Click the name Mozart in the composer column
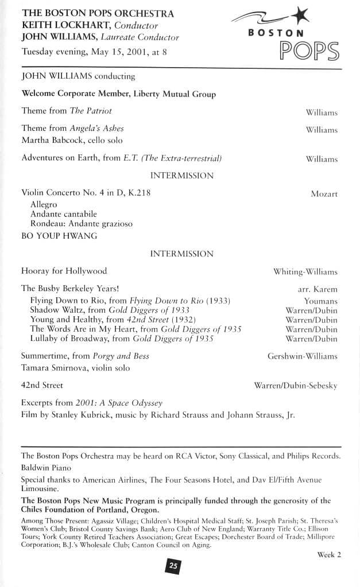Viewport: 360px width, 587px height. coord(324,194)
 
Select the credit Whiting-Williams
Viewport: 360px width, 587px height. coord(305,271)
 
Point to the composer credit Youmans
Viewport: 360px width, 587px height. coord(320,301)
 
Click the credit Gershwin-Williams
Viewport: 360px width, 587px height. coord(302,356)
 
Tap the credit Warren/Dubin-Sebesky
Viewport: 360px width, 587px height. coord(295,386)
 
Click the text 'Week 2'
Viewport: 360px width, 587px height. coord(329,554)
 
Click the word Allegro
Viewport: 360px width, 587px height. coord(44,204)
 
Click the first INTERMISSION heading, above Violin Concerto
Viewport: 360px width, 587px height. coord(181,175)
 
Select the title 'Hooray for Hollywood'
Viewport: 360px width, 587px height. coord(64,271)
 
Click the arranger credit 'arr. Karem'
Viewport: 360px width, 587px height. coord(313,289)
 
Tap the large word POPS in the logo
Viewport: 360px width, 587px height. coord(308,51)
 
